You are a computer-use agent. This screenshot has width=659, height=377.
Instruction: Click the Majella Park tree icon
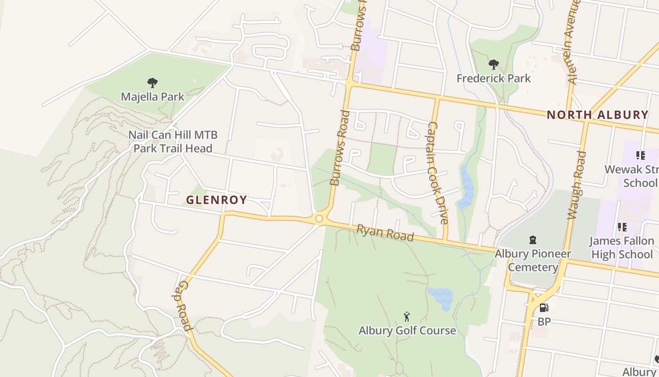coord(152,83)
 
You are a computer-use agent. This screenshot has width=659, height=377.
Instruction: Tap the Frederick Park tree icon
coord(493,65)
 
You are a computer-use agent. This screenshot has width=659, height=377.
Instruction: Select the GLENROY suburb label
coord(216,200)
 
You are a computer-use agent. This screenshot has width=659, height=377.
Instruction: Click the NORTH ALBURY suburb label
coord(597,115)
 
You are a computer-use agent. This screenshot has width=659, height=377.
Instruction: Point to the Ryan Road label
coord(385,232)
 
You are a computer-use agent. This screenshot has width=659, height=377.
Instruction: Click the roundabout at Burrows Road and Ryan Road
coord(319,218)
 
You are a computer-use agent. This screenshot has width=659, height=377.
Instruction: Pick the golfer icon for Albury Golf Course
coord(407,317)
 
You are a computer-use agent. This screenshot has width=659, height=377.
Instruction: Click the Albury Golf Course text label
coord(407,330)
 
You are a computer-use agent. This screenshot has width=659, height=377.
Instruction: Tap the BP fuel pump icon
coord(544,308)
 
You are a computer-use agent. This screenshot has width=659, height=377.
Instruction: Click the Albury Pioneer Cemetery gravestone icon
coord(533,240)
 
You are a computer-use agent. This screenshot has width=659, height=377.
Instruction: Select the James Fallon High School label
coord(621,248)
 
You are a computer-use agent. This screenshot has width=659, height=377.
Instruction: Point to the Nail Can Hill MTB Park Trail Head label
coord(173,142)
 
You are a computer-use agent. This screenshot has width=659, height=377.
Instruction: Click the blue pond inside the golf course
coord(441,298)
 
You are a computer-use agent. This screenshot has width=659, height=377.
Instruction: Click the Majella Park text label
coord(153,97)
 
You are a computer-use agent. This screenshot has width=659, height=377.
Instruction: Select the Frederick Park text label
coord(493,78)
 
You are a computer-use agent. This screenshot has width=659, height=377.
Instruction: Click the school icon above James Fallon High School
coord(622,228)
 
